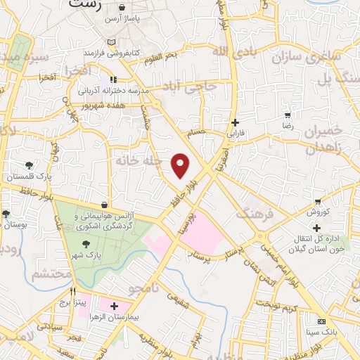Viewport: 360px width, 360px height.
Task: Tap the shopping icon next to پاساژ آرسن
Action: [x=123, y=8]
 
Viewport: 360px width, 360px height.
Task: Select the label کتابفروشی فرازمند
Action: [x=110, y=53]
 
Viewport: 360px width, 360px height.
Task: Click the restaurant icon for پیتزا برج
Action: [x=72, y=290]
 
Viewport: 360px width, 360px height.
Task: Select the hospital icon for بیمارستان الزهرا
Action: [x=114, y=306]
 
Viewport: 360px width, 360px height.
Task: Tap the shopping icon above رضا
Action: [x=287, y=115]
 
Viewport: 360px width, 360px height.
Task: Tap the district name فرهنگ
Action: [x=256, y=210]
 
